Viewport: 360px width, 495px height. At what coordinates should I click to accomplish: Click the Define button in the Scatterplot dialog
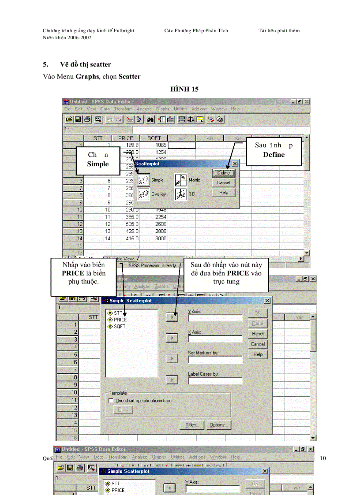point(223,173)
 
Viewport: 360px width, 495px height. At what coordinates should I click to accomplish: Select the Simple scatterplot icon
point(143,180)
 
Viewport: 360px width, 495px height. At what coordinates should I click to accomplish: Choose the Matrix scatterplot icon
point(180,180)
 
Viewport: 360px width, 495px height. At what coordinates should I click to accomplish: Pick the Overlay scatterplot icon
point(143,194)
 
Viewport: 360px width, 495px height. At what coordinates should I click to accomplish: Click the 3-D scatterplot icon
point(180,194)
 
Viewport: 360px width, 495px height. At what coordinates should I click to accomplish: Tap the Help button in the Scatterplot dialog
point(223,193)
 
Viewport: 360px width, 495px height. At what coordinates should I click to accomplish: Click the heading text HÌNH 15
point(184,89)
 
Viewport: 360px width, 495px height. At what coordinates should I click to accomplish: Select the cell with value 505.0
point(126,223)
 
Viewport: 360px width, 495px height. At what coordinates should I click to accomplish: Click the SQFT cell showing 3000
point(154,238)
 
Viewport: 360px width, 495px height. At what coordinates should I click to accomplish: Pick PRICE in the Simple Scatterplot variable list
point(120,320)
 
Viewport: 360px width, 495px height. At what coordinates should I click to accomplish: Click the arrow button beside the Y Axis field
point(172,317)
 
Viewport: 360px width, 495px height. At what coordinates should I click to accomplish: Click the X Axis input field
point(215,339)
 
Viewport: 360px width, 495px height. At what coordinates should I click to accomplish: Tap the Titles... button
point(191,425)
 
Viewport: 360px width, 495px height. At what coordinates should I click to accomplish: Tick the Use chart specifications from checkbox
point(111,401)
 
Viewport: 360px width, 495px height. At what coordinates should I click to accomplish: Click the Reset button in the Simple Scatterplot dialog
point(258,334)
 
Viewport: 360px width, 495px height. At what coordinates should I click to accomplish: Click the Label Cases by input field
point(215,381)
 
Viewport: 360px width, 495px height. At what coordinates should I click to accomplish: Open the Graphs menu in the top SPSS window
point(162,109)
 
